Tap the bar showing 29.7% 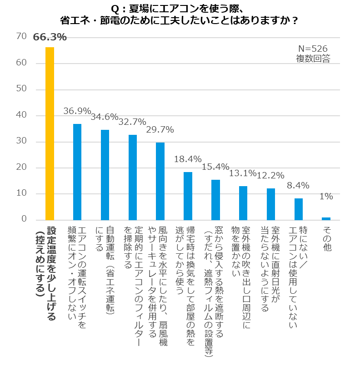pyautogui.click(x=160, y=181)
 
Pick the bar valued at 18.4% pyautogui.click(x=188, y=196)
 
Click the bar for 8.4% pyautogui.click(x=298, y=209)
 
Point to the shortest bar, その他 pyautogui.click(x=326, y=218)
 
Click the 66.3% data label pyautogui.click(x=50, y=37)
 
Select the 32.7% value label pyautogui.click(x=132, y=122)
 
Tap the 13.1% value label pyautogui.click(x=243, y=173)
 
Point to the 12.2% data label pyautogui.click(x=270, y=175)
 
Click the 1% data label pyautogui.click(x=326, y=197)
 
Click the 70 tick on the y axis pyautogui.click(x=21, y=36)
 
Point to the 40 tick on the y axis pyautogui.click(x=21, y=115)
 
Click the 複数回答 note pyautogui.click(x=313, y=58)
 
